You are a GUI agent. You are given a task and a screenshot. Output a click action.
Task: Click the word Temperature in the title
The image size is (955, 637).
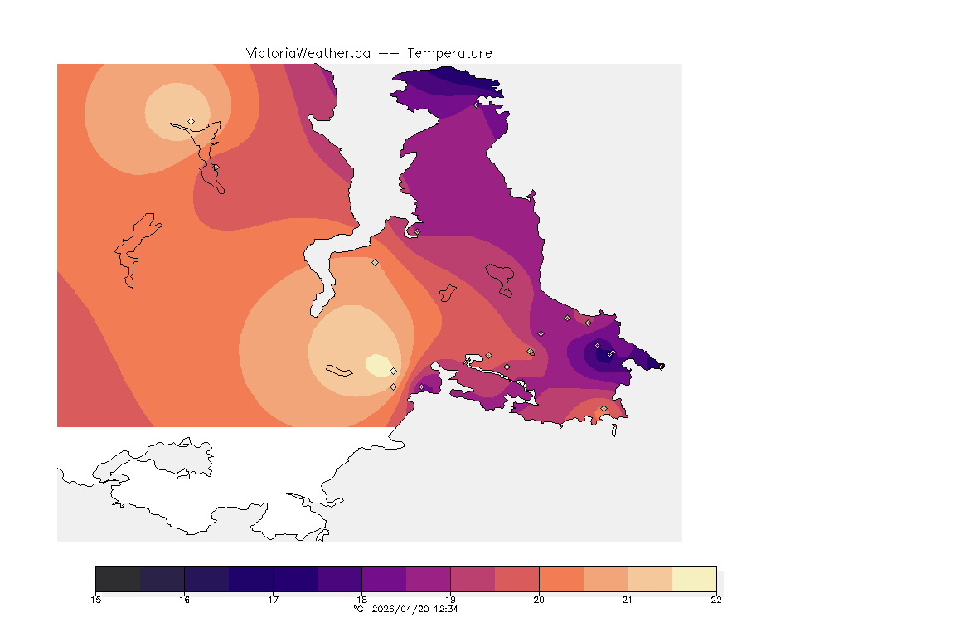[x=449, y=53]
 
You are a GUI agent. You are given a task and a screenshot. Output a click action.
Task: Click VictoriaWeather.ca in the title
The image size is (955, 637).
[x=308, y=53]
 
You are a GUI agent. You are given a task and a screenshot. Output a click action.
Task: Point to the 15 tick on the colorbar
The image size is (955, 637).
[x=96, y=600]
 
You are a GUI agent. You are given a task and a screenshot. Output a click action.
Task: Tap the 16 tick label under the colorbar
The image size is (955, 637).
[x=184, y=600]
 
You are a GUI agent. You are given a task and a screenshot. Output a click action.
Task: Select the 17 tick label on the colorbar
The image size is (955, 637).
[x=273, y=600]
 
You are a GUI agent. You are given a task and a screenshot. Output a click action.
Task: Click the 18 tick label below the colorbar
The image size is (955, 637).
[x=361, y=600]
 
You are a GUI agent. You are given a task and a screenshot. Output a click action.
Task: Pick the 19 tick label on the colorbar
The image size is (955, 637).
[x=450, y=600]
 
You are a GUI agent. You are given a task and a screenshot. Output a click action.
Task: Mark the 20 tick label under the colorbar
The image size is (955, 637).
[x=539, y=600]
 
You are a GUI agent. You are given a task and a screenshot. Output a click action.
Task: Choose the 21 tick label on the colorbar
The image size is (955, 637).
[x=628, y=600]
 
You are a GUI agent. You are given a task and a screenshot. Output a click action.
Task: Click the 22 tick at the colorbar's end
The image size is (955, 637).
[x=716, y=600]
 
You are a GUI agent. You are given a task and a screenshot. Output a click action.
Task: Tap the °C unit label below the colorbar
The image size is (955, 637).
[x=358, y=609]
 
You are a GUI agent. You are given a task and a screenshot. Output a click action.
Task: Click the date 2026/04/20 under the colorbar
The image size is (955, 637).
[x=403, y=609]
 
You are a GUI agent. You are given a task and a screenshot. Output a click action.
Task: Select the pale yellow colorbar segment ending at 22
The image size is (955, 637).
[x=694, y=579]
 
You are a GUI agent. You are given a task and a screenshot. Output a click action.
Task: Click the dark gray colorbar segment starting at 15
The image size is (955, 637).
[x=118, y=579]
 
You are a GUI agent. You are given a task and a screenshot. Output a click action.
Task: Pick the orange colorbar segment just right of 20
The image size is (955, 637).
[x=561, y=579]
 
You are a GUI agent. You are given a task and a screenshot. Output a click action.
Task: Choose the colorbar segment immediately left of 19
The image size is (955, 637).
[x=428, y=579]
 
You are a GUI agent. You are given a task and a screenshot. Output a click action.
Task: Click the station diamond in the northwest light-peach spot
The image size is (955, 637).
[x=191, y=121]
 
